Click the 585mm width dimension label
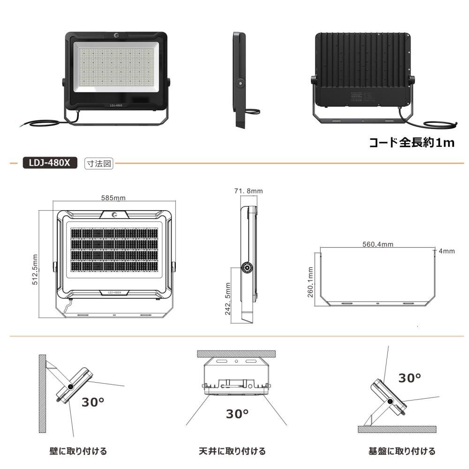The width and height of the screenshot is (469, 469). click(x=113, y=198)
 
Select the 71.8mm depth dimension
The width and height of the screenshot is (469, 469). click(x=248, y=191)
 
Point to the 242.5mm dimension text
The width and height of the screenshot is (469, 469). click(x=228, y=299)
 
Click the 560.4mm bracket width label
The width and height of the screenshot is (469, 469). click(x=378, y=244)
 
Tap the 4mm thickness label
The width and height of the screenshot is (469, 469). click(x=446, y=251)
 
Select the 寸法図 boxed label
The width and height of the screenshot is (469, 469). click(x=99, y=164)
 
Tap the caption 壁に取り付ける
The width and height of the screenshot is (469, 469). click(x=78, y=451)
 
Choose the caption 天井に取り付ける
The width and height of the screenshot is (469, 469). click(x=232, y=451)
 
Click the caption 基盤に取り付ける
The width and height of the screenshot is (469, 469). click(x=402, y=451)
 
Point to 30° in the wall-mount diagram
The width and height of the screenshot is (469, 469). click(x=93, y=402)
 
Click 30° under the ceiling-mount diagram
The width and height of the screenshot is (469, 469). click(x=237, y=414)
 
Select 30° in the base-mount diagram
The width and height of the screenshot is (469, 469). click(x=410, y=378)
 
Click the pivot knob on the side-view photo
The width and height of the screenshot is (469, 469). click(x=241, y=83)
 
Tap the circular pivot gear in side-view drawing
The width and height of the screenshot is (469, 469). click(x=247, y=268)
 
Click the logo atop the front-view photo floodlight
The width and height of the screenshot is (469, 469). click(x=116, y=36)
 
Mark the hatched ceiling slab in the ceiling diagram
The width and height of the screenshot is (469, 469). click(x=237, y=353)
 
